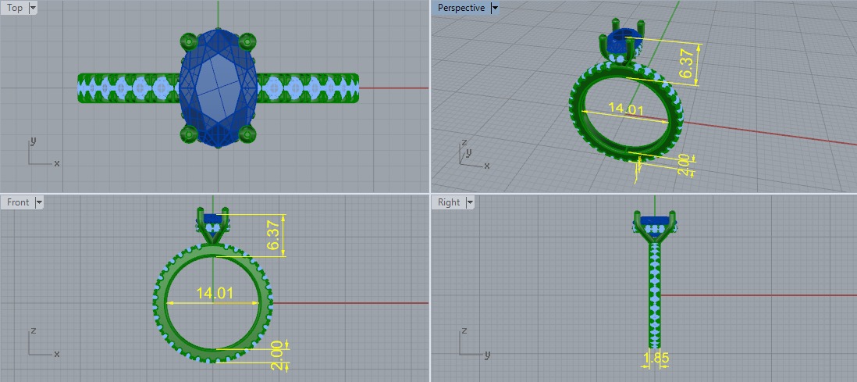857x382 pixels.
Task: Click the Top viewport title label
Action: tap(15, 8)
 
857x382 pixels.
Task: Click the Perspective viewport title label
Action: tap(461, 8)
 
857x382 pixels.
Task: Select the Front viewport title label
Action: tap(18, 202)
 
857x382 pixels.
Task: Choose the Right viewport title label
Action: tap(449, 202)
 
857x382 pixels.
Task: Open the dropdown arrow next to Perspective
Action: tap(495, 8)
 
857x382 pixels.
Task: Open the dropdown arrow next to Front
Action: tap(39, 202)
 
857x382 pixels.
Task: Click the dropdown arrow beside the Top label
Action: tap(33, 8)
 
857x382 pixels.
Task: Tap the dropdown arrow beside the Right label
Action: tap(470, 202)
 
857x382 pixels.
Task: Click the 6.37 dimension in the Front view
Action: tap(272, 234)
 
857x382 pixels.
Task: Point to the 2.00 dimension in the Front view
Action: tap(276, 355)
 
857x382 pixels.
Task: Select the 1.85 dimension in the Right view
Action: tap(656, 359)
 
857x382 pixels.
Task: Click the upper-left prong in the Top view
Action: tap(187, 40)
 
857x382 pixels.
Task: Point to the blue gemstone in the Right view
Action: tap(654, 220)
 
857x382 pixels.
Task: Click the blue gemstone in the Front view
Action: tap(212, 219)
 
